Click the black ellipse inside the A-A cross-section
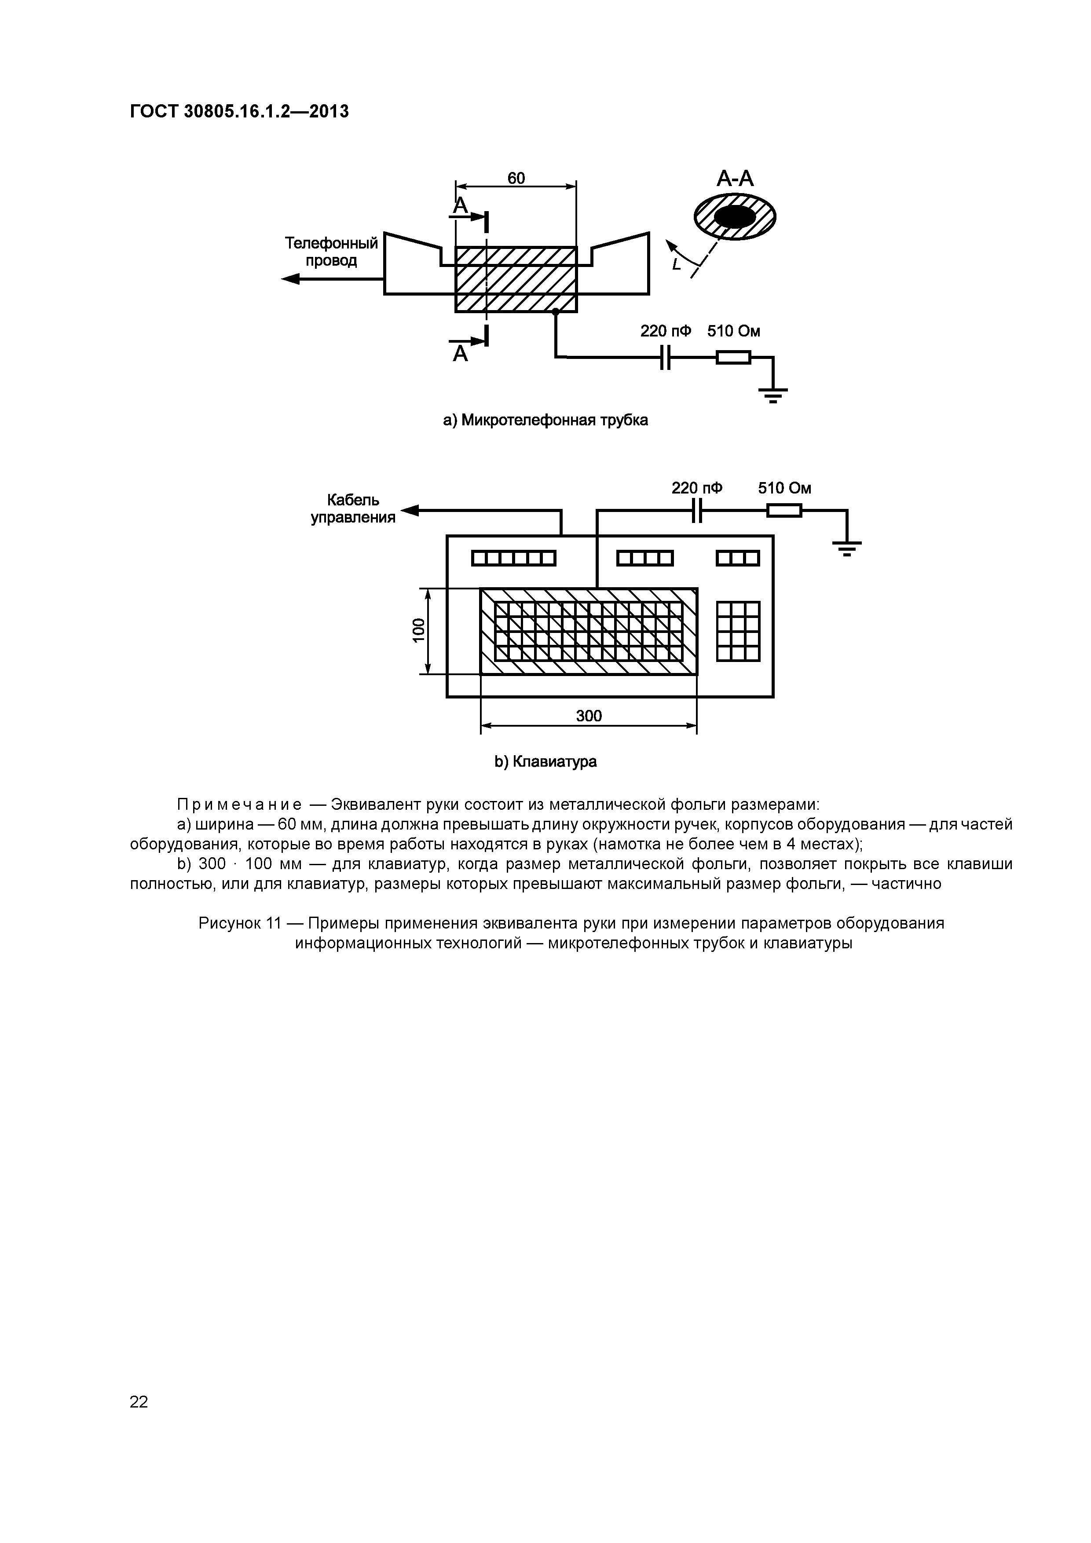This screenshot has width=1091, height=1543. [734, 216]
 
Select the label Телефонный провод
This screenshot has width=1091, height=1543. [331, 251]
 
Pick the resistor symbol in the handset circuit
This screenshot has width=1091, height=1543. [733, 358]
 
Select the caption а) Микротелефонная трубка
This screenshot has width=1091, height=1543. [545, 420]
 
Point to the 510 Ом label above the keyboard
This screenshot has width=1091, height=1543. [784, 489]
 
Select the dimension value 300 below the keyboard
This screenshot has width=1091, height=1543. [589, 716]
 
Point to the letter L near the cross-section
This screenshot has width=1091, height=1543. [676, 265]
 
